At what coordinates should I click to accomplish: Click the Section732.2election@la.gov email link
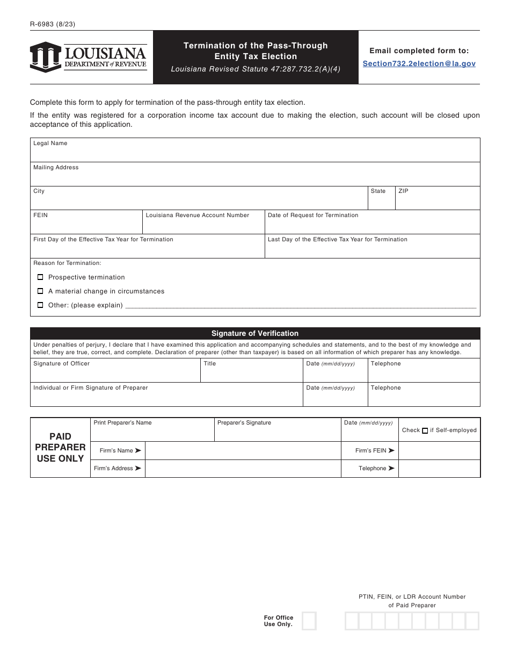click(419, 63)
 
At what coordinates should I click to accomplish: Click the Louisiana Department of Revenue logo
click(89, 57)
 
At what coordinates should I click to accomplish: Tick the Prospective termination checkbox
click(40, 277)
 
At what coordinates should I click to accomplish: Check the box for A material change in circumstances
click(40, 291)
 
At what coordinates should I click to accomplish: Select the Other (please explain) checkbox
click(40, 305)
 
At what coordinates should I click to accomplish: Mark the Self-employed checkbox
click(425, 430)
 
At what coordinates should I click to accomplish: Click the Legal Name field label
click(50, 143)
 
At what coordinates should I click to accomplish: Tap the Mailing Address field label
click(56, 168)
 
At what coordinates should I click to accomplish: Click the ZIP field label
click(403, 191)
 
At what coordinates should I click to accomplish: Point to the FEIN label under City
click(40, 215)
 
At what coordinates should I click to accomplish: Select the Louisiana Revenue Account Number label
click(198, 215)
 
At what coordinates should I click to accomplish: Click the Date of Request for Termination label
click(313, 215)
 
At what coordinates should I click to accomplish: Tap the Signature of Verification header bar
click(255, 334)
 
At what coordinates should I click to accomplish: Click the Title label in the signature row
click(210, 364)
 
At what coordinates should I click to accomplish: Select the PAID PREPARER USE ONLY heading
click(60, 448)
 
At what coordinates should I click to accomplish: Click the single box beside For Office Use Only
click(309, 621)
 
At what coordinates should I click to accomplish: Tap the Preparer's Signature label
click(244, 423)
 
